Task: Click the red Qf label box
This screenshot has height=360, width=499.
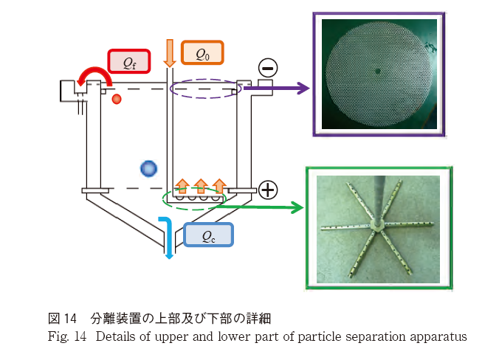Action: pos(128,61)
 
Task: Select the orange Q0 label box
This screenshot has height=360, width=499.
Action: pos(201,53)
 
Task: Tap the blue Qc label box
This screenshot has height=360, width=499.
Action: pos(208,235)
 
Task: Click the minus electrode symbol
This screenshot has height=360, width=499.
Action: pos(267,69)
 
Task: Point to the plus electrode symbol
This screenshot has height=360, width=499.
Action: pos(267,190)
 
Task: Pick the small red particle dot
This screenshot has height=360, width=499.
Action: pos(116,99)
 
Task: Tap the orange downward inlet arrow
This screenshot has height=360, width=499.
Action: pos(169,52)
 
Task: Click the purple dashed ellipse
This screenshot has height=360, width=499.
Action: pos(204,89)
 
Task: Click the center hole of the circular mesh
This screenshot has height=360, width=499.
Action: pos(377,72)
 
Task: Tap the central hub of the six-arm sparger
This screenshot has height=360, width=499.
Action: pos(376,222)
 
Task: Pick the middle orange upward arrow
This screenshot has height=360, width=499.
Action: pos(200,185)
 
